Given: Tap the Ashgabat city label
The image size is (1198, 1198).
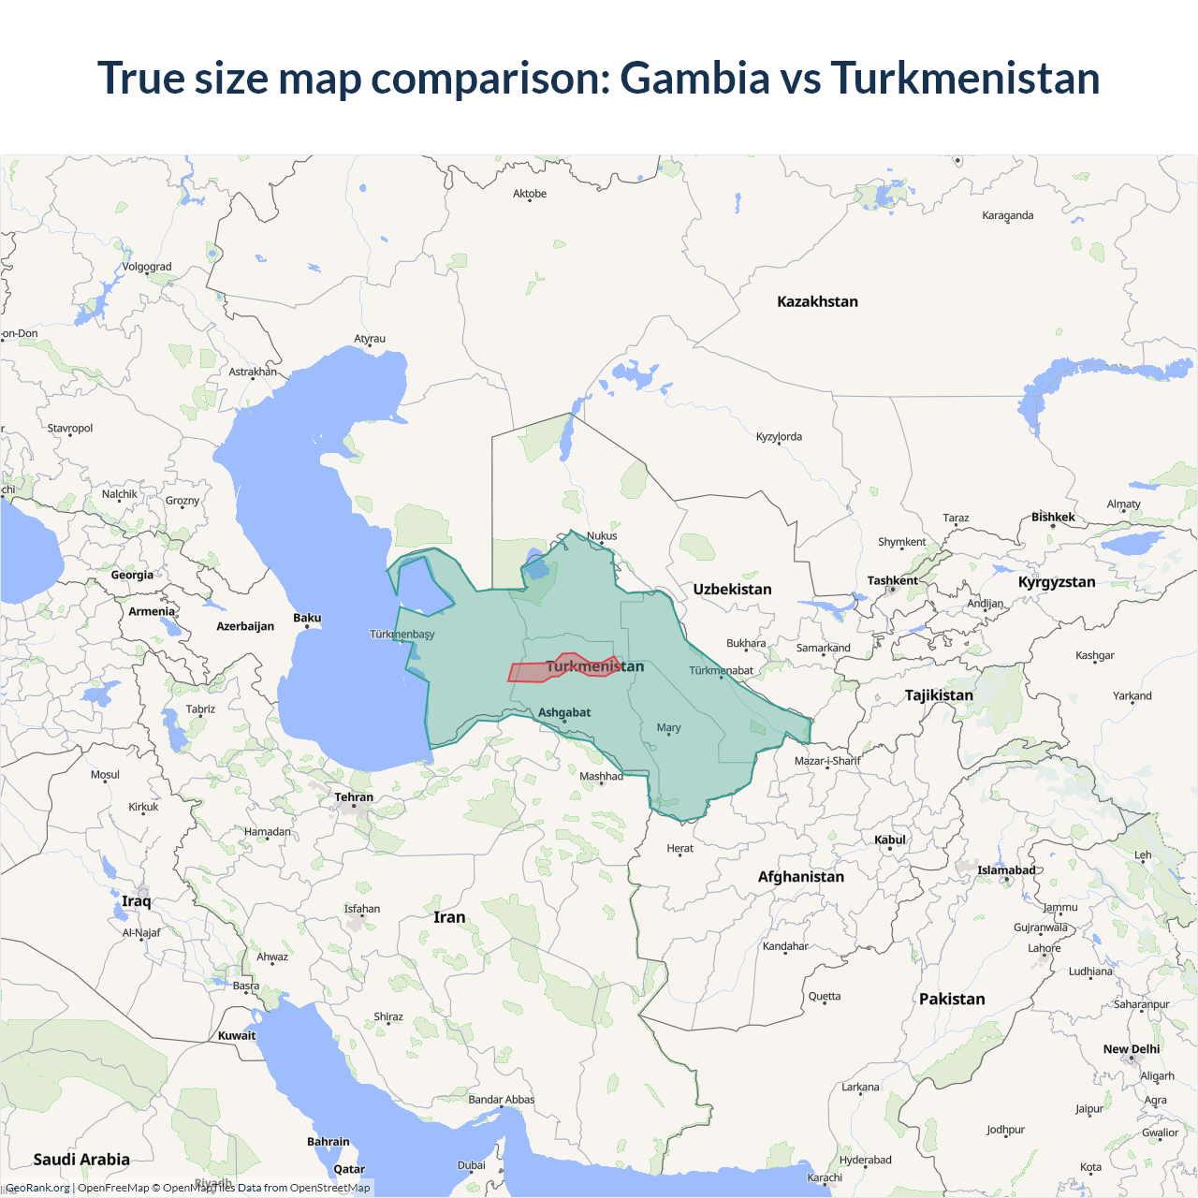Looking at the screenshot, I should (x=564, y=712).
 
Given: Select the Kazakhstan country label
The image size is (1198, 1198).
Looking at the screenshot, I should (x=817, y=301).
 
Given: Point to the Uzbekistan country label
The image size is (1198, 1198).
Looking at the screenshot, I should (x=732, y=590).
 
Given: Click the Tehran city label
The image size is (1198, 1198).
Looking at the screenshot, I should (x=354, y=797).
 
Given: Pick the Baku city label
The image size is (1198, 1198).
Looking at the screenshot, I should (x=307, y=618).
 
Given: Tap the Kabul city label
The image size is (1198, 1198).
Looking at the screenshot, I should (x=890, y=840).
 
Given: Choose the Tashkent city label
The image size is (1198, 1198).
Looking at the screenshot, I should (x=892, y=580).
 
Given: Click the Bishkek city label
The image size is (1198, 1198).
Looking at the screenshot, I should (x=1053, y=517).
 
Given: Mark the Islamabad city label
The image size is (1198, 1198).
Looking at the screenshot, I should (x=1006, y=870).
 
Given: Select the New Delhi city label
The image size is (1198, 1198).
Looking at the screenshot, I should (x=1131, y=1049).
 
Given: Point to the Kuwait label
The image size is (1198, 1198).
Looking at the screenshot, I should (x=237, y=1035).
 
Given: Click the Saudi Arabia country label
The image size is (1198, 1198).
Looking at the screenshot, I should (x=81, y=1160).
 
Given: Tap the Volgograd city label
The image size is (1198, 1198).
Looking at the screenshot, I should (x=147, y=267).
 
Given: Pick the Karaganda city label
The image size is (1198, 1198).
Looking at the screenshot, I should (x=1008, y=215).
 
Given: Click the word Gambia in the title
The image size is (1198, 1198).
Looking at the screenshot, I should (x=694, y=78).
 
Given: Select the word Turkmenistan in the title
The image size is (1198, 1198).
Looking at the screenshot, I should (x=965, y=78).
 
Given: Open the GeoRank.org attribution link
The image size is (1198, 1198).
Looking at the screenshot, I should (x=37, y=1188).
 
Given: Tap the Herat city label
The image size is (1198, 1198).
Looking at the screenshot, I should (x=680, y=848).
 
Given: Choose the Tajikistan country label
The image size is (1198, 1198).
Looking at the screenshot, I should (x=939, y=695).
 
